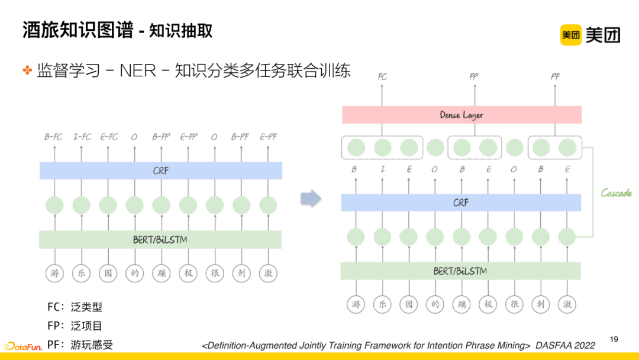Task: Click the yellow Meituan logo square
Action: [x=571, y=35]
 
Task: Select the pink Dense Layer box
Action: [x=461, y=115]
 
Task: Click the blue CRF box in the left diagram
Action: [x=160, y=171]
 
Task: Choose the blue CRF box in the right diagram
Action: [x=461, y=202]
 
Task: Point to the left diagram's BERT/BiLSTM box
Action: [x=160, y=240]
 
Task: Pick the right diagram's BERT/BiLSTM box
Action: [x=460, y=271]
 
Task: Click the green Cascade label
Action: [x=616, y=193]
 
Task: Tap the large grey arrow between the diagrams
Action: [x=311, y=198]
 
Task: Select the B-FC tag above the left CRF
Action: [x=54, y=137]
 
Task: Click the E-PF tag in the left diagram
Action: [x=267, y=137]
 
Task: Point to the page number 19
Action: [x=614, y=339]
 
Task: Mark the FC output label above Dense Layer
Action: [x=382, y=77]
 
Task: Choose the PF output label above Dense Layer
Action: [x=555, y=77]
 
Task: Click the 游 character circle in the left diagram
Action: [x=54, y=273]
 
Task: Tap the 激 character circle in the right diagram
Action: [x=567, y=304]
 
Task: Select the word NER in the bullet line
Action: [x=138, y=70]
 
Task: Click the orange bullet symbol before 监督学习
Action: [x=27, y=70]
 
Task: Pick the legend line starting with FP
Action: [x=75, y=326]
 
